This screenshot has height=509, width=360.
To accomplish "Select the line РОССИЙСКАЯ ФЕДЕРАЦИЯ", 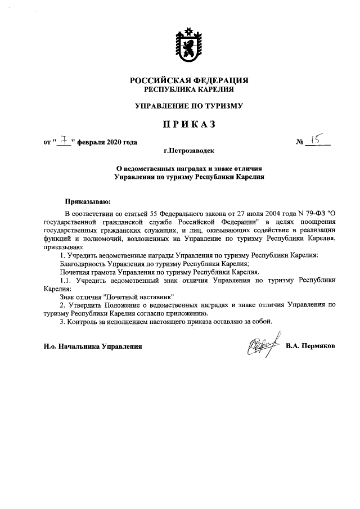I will [189, 80].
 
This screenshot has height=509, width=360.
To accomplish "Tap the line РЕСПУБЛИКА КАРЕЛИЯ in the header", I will [189, 89].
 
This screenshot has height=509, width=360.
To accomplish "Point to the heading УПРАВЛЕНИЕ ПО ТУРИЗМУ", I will [189, 105].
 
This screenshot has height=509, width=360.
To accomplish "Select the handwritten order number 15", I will [316, 139].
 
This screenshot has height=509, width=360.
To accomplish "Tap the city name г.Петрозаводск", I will [189, 151].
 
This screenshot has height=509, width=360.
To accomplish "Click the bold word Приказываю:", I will [88, 200].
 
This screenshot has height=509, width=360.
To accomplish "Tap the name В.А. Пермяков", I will [310, 346].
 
